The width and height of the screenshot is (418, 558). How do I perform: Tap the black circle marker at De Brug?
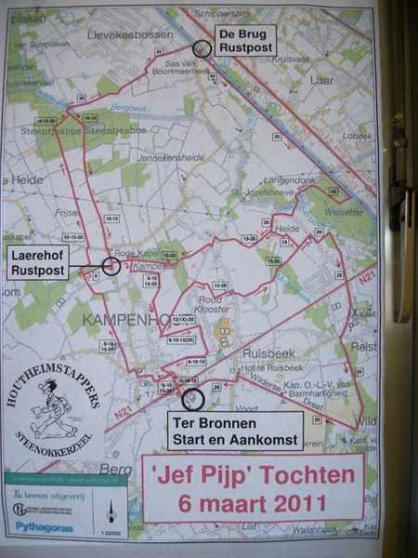(x=201, y=50)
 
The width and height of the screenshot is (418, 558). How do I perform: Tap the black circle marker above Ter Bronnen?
(x=193, y=399)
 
